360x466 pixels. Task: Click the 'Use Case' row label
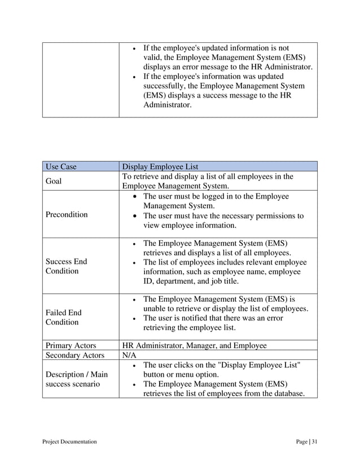(x=61, y=166)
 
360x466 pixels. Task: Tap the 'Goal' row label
(x=54, y=181)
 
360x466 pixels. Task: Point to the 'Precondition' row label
(x=67, y=214)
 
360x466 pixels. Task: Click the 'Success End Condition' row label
(x=67, y=266)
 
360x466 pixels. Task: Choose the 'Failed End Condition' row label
(x=63, y=317)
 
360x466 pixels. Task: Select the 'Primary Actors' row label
(x=71, y=345)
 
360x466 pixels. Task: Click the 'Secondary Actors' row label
(x=75, y=355)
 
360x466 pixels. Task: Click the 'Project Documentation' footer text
(x=69, y=441)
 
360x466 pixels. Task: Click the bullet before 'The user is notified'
(x=131, y=318)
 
